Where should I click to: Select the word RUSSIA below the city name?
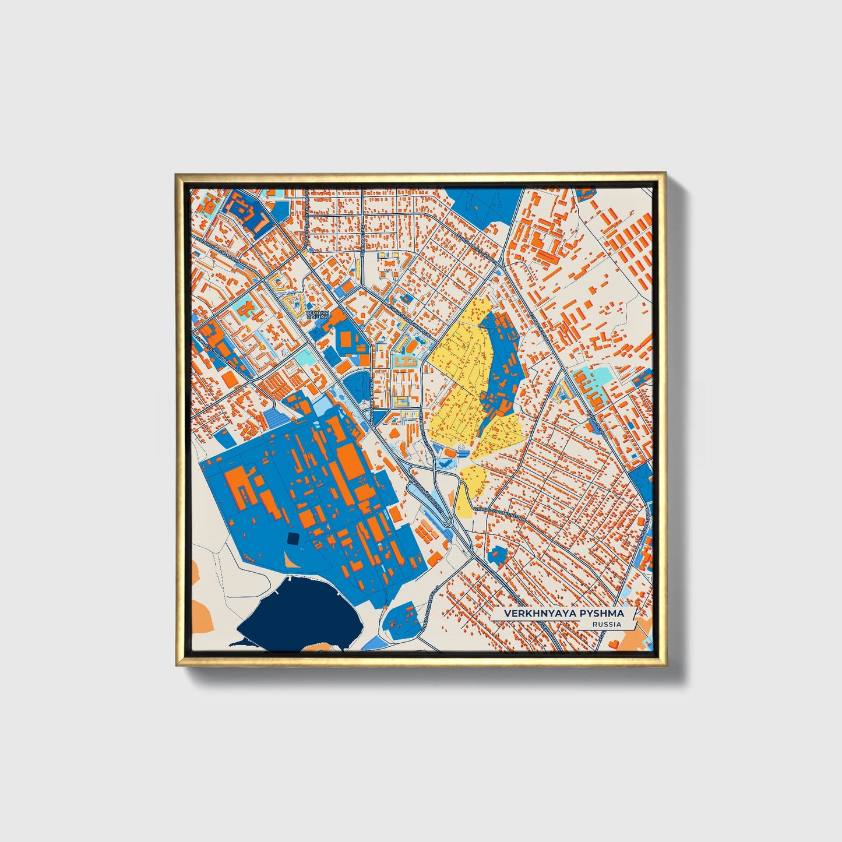[x=606, y=624]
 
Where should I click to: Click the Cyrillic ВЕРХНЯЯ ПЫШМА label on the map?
[x=318, y=315]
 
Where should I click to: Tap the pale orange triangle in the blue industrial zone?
[x=290, y=561]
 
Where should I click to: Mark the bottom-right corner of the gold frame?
[x=665, y=665]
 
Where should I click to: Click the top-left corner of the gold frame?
[x=177, y=174]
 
